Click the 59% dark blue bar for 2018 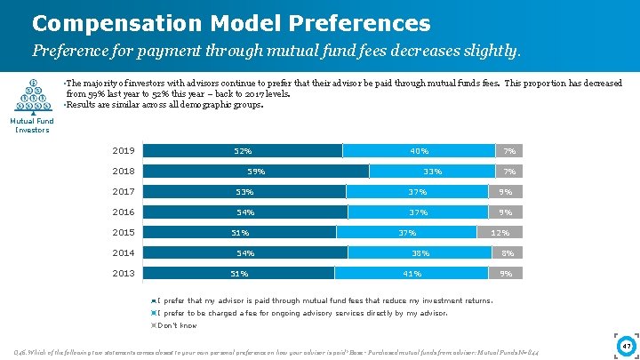(255, 171)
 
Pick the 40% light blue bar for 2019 (419, 150)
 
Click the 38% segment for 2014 (420, 253)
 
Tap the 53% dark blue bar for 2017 (244, 191)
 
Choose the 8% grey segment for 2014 (508, 253)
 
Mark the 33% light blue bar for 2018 (432, 171)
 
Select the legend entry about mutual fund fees (324, 300)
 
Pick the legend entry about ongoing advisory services (301, 313)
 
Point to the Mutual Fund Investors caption (32, 125)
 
